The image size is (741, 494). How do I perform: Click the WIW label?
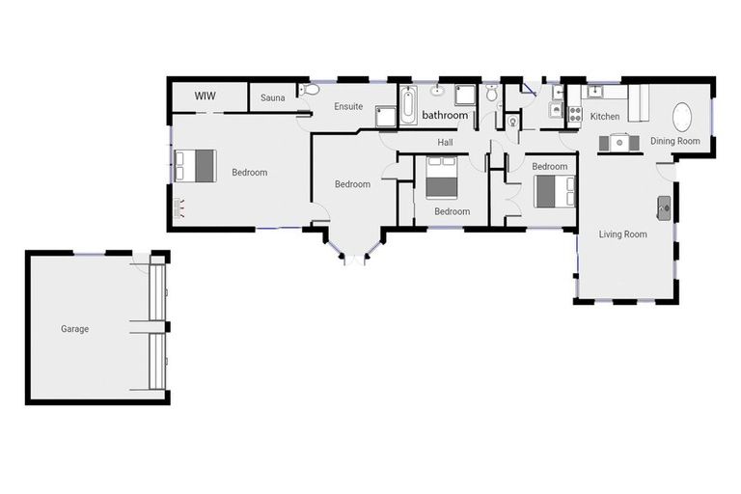[205, 96]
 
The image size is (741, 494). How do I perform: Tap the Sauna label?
[272, 97]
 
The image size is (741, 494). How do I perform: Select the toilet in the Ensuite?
[310, 90]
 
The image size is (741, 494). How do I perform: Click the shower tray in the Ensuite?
[386, 116]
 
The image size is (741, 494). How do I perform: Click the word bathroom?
[445, 116]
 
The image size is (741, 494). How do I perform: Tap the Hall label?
[445, 143]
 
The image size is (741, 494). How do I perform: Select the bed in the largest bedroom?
[197, 165]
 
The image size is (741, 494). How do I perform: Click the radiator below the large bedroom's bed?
[178, 205]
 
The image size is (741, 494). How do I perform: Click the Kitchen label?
[605, 117]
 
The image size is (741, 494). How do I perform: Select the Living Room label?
[622, 234]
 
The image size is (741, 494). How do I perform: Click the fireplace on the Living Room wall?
[665, 205]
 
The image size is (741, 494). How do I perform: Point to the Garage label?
[75, 329]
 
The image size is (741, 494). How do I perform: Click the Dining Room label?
[674, 142]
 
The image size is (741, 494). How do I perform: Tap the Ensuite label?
[348, 106]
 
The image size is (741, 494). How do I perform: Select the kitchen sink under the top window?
[595, 93]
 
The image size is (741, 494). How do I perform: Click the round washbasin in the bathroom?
[438, 92]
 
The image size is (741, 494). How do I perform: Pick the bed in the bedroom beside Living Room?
[554, 189]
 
